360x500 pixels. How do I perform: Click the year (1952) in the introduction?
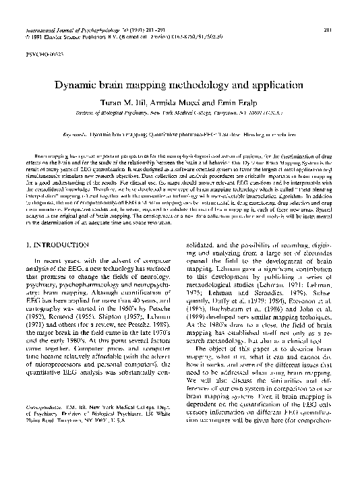[34, 334]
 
